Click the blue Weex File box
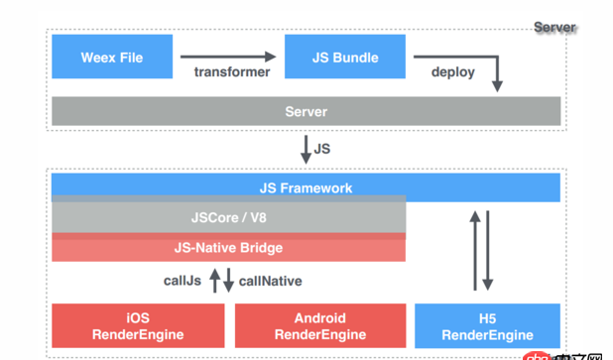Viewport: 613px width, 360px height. (111, 58)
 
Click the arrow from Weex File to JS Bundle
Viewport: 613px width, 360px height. (228, 57)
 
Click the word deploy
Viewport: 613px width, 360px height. (452, 72)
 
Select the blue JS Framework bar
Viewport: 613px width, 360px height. (306, 187)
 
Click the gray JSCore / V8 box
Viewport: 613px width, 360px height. (228, 216)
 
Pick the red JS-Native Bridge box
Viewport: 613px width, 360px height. (228, 247)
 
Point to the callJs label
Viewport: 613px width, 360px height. (183, 281)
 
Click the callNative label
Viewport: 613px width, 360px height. (271, 281)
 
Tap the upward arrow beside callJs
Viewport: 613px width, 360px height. (214, 281)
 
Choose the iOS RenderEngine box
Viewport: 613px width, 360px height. (138, 326)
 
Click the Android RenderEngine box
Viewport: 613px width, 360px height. (319, 326)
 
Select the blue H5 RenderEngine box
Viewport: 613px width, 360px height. (487, 326)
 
